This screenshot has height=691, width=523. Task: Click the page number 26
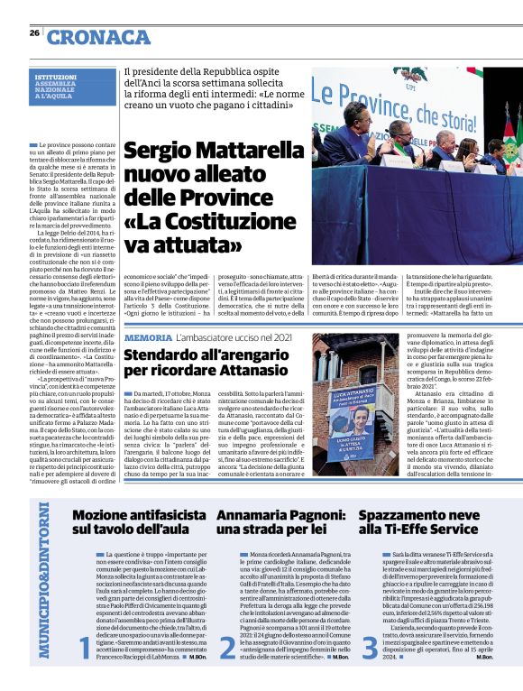pos(34,32)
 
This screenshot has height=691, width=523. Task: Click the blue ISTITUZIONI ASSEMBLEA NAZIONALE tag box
pos(63,91)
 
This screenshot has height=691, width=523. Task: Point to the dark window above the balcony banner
pos(347,370)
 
